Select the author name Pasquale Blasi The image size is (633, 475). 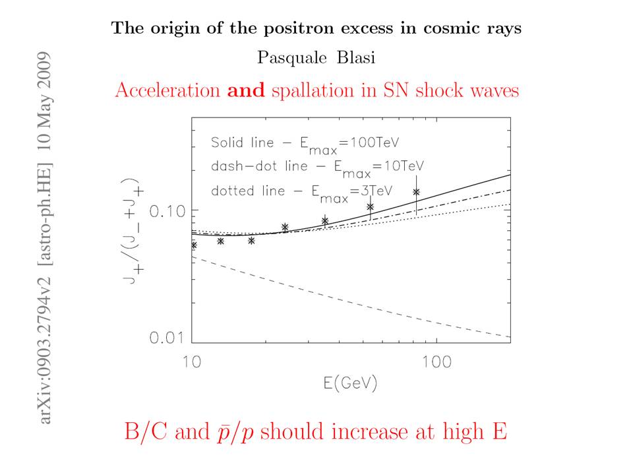(316, 58)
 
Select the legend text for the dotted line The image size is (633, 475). (302, 191)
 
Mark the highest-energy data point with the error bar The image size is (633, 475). (416, 192)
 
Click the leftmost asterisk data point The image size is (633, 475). (193, 245)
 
